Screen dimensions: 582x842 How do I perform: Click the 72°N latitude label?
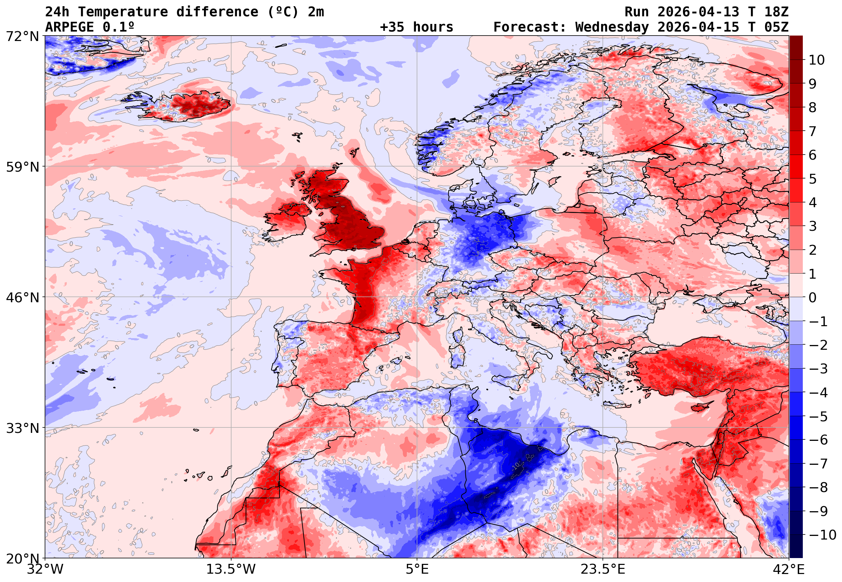click(x=23, y=37)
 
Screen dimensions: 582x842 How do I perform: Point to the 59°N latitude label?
click(x=23, y=167)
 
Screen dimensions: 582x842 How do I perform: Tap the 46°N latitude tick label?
click(x=23, y=298)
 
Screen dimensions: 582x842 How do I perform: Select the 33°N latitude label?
click(x=23, y=428)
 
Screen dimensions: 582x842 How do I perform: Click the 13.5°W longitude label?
click(x=231, y=569)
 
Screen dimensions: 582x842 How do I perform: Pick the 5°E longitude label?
click(x=417, y=569)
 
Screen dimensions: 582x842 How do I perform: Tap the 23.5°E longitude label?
click(x=603, y=569)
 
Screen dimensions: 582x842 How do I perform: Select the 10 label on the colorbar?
click(x=817, y=60)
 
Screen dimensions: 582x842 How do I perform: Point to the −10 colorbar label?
click(x=822, y=535)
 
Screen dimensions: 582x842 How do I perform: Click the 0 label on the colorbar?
click(x=813, y=298)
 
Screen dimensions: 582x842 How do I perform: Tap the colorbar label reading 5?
click(x=813, y=179)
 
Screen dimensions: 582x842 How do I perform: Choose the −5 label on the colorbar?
click(x=818, y=417)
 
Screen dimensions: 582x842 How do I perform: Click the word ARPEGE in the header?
click(x=69, y=27)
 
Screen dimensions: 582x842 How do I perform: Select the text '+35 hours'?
click(x=416, y=27)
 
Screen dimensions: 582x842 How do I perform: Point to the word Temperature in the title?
click(x=123, y=12)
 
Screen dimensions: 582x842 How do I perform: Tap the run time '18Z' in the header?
click(x=776, y=12)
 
